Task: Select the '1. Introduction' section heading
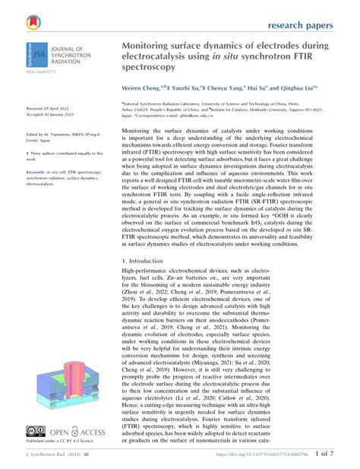(148, 261)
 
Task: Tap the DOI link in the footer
(262, 455)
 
